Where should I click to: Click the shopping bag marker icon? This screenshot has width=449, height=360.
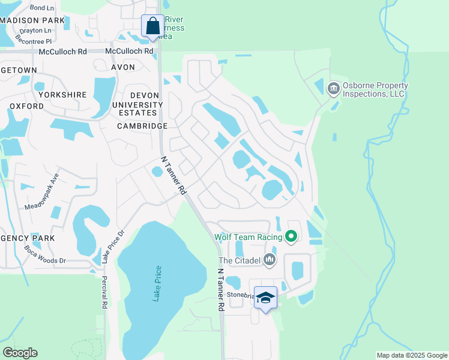click(x=152, y=26)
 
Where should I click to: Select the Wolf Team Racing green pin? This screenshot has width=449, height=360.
click(x=292, y=237)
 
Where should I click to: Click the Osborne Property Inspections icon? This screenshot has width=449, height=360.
click(x=333, y=89)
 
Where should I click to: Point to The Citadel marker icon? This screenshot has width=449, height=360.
click(x=270, y=260)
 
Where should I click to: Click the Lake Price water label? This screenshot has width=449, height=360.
click(x=158, y=283)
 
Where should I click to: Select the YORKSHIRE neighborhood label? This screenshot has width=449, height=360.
click(x=62, y=95)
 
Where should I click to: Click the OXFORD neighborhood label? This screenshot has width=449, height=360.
click(x=26, y=106)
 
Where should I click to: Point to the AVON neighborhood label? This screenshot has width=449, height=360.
click(x=122, y=67)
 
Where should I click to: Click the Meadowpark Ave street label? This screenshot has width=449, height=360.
click(x=43, y=191)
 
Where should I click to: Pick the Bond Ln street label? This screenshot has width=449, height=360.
click(x=41, y=8)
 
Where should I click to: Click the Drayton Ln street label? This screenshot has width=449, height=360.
click(x=35, y=30)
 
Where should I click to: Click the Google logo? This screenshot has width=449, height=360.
click(x=20, y=352)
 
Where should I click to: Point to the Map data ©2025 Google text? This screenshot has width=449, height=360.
click(x=412, y=355)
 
